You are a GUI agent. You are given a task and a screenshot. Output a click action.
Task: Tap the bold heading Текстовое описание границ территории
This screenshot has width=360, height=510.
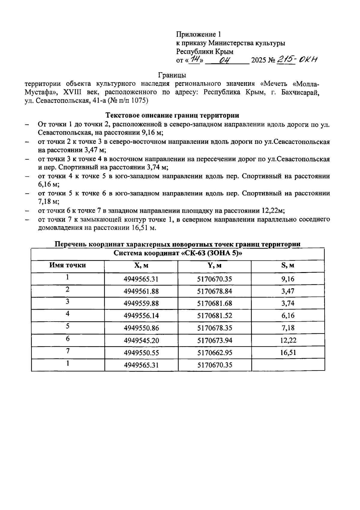172,115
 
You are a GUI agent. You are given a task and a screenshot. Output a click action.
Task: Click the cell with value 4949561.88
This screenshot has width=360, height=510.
141,291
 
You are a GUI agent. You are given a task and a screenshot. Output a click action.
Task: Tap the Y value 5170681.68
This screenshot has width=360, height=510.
214,303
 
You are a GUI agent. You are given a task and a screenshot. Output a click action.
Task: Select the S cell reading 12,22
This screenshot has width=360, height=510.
288,340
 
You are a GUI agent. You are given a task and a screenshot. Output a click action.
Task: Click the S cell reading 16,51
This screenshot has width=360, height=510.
288,352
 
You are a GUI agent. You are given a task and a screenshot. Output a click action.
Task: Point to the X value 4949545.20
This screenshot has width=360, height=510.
141,340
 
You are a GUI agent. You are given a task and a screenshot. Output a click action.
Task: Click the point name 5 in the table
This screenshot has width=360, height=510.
68,326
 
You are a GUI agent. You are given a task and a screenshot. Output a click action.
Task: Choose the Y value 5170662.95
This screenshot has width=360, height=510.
214,352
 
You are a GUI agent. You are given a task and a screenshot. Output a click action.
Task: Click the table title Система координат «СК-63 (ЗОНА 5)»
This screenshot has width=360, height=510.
178,253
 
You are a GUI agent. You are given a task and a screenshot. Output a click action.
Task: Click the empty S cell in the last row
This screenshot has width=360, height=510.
288,365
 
